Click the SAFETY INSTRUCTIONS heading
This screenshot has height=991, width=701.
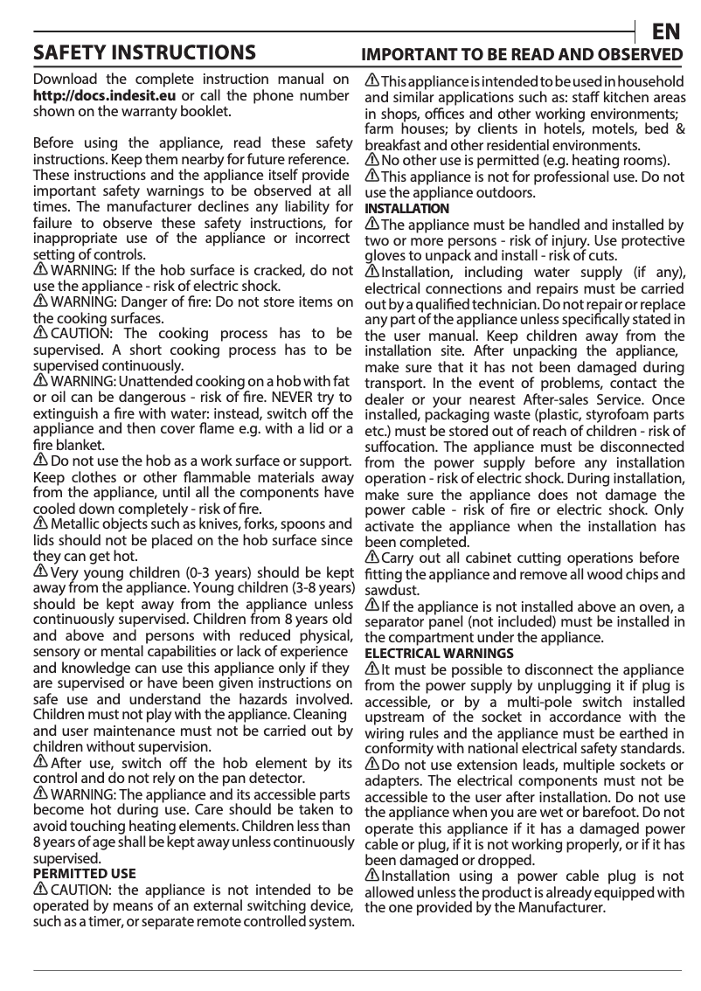pos(144,52)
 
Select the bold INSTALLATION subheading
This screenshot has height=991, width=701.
pos(406,209)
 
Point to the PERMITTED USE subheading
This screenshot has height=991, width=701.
pos(84,873)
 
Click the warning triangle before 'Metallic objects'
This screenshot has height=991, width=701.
pos(41,523)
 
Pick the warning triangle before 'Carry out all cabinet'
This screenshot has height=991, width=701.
pos(372,558)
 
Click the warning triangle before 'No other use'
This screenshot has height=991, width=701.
pos(372,161)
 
